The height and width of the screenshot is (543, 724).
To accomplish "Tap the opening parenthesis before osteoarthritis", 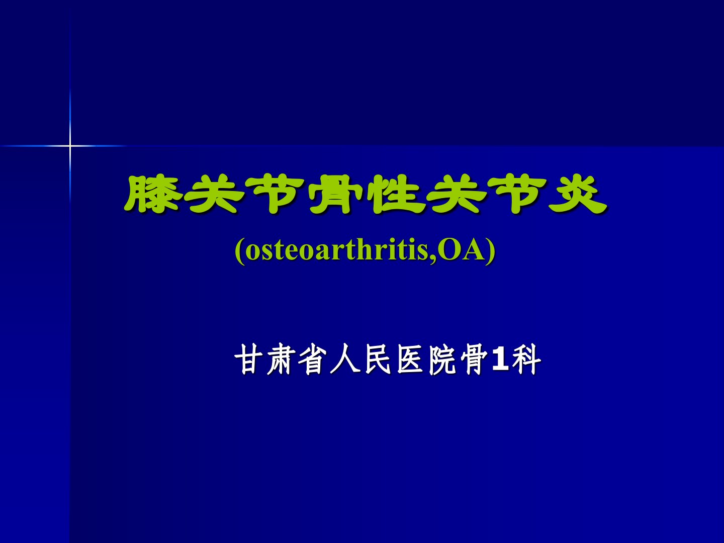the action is tap(239, 251).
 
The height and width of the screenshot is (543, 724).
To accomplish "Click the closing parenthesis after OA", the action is tap(491, 251).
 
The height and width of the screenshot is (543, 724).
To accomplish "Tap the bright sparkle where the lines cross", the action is tap(70, 145).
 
